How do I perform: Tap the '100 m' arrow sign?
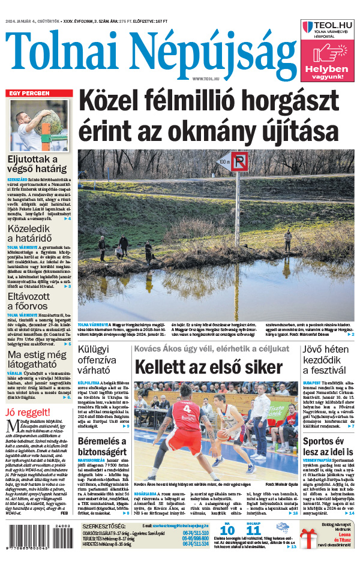[224, 161]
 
